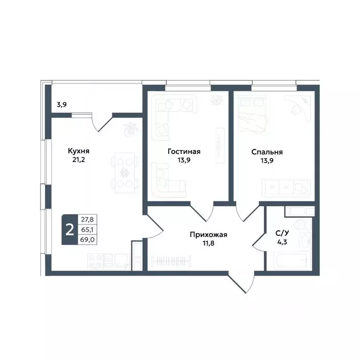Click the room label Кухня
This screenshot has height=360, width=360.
click(x=78, y=151)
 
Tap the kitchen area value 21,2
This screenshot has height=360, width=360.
click(x=78, y=160)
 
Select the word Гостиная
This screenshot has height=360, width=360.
click(x=184, y=151)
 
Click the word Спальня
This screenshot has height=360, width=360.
click(x=267, y=151)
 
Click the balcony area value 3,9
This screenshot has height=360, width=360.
click(x=61, y=105)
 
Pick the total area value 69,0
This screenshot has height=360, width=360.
click(x=86, y=239)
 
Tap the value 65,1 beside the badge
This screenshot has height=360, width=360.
click(x=86, y=230)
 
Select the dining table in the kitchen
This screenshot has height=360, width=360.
click(x=125, y=172)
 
